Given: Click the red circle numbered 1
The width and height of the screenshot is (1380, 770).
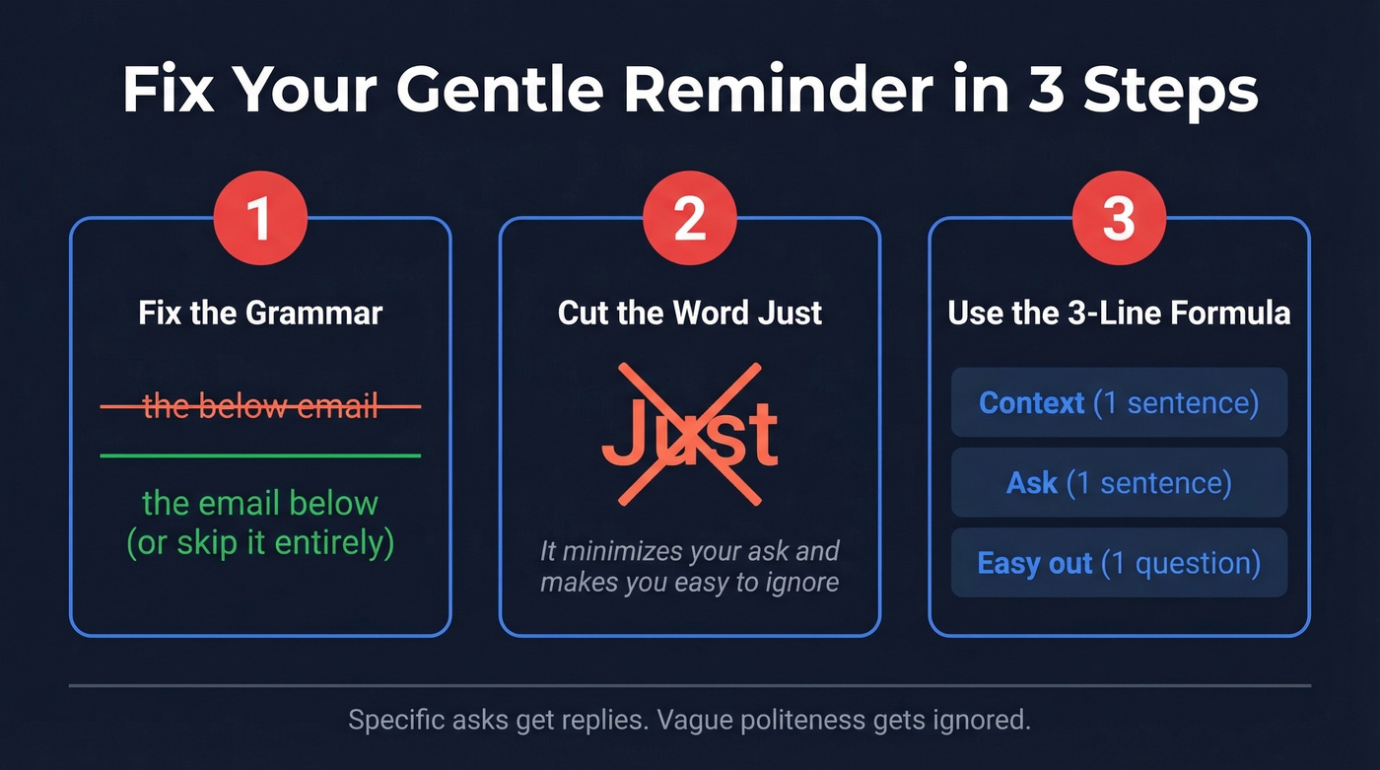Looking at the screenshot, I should pos(260,219).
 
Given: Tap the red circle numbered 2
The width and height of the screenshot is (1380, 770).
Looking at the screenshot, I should pos(689,219).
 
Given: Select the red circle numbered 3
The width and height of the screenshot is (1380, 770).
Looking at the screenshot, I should pos(1119,219).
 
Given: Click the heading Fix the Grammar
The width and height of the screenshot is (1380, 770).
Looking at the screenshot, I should pos(260,313).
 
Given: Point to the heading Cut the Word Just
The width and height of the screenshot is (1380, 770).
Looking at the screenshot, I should pos(689,313).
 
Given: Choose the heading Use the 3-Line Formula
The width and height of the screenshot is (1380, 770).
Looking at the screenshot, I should pos(1119,313).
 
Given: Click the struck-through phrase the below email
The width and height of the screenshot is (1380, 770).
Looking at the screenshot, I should pos(260,405).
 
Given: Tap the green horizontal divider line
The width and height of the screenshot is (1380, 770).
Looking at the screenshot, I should pos(260,455).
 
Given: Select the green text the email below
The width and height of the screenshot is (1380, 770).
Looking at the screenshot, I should pos(260,503).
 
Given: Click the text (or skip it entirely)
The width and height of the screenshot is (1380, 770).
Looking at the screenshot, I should pos(260,542).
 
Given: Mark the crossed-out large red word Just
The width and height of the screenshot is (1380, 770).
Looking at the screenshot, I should pos(689,434).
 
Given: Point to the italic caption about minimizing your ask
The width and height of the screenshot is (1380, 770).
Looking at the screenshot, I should pos(689,566).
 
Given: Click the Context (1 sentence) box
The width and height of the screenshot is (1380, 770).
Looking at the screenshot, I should pos(1119,402).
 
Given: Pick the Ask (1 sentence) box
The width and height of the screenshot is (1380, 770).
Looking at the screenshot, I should pos(1119,483).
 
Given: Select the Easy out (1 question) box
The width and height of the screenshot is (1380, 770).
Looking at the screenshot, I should pos(1119,563).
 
